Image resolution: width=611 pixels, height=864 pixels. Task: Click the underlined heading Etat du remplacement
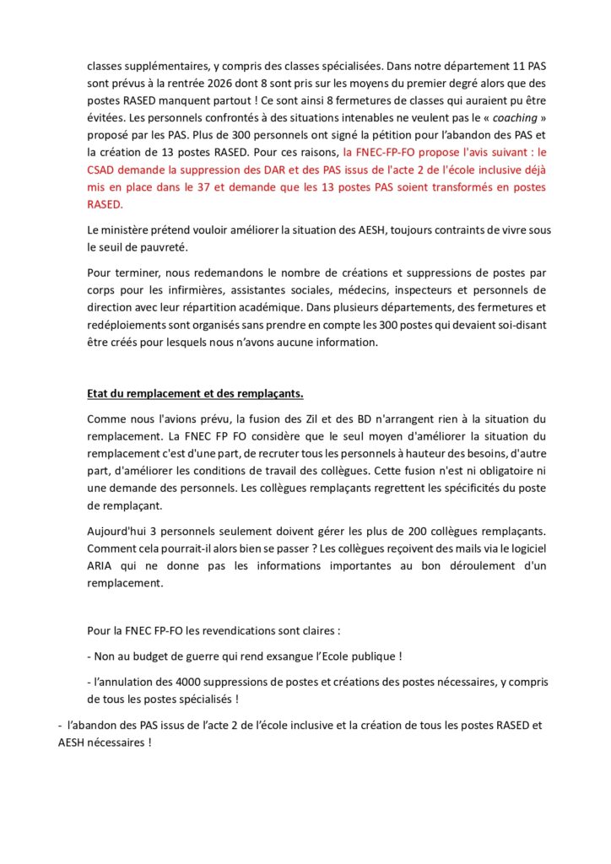195,395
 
